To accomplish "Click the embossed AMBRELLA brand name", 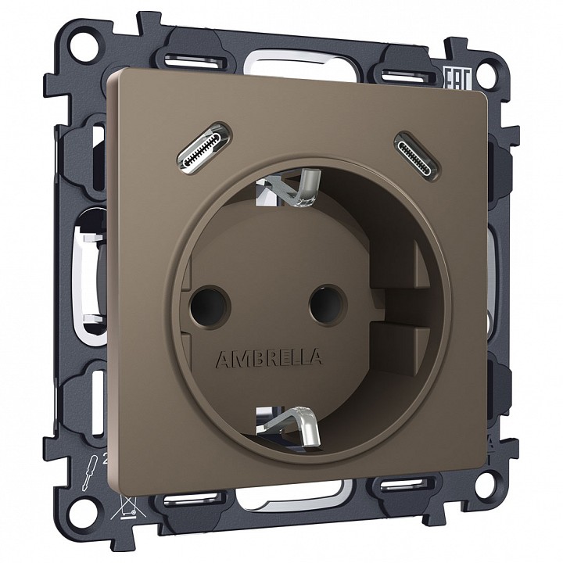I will [268, 358].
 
